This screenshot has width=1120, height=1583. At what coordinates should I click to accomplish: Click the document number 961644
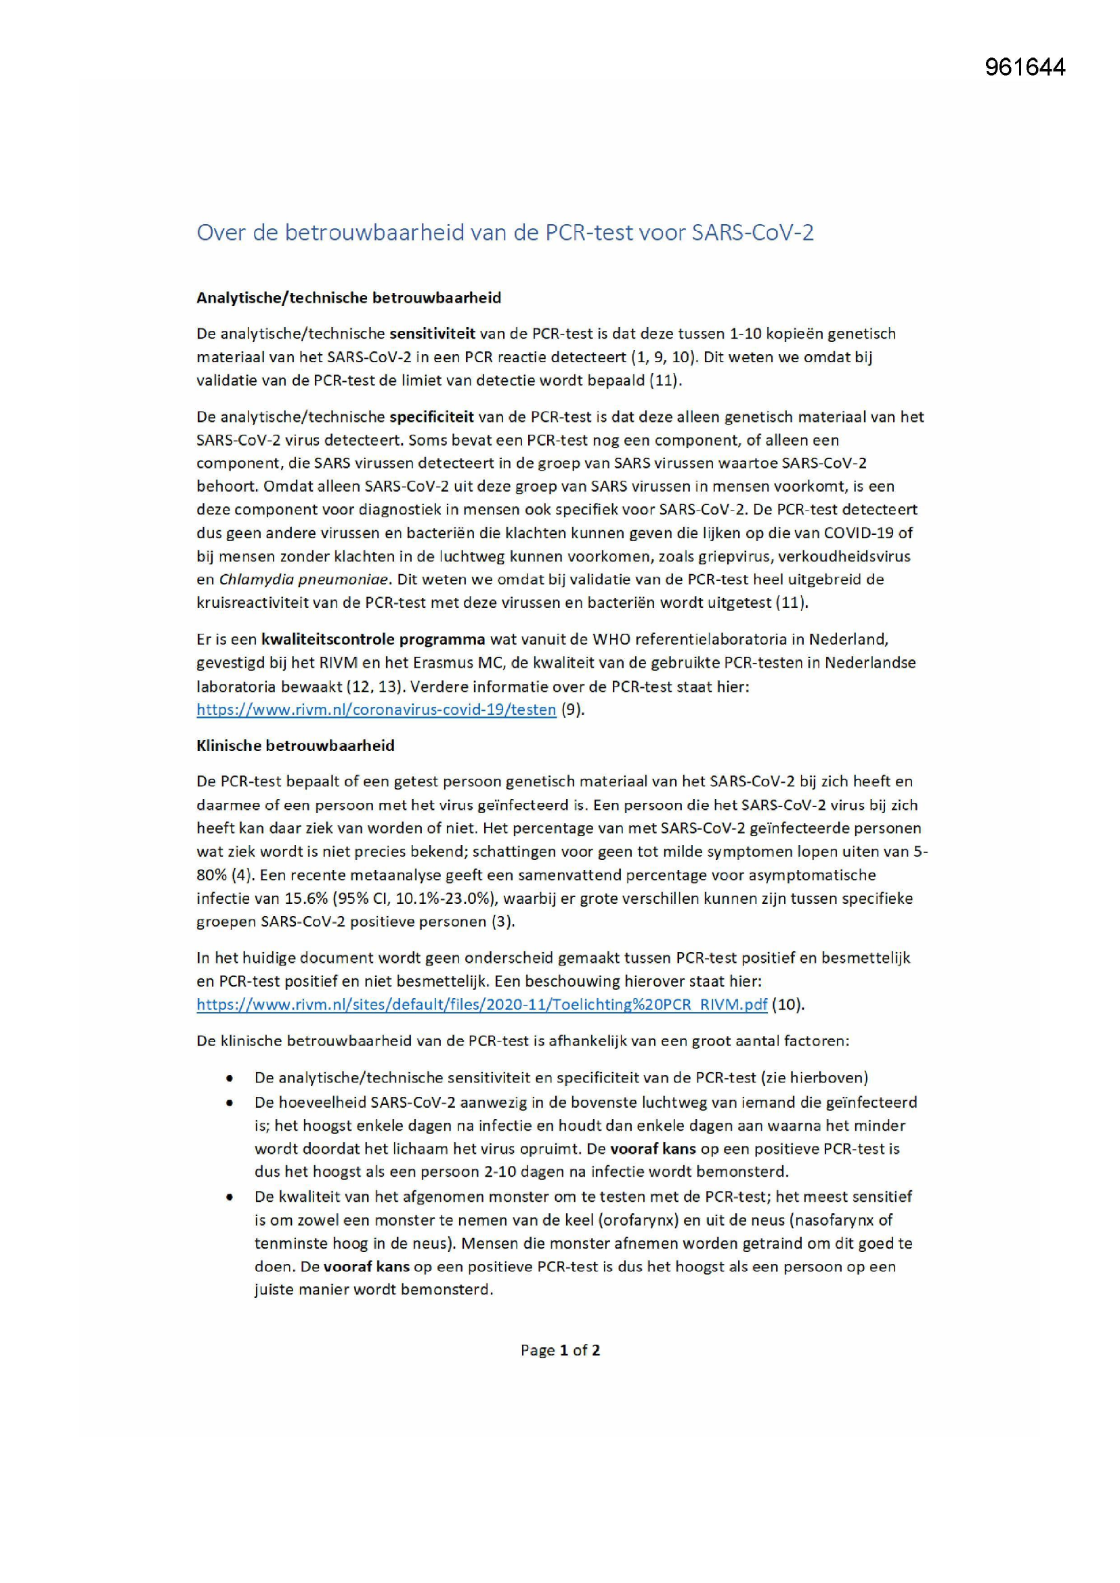pyautogui.click(x=1025, y=67)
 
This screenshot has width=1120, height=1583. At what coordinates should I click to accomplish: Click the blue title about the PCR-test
pyautogui.click(x=505, y=232)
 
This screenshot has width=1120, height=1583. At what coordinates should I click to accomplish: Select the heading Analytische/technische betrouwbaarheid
pyautogui.click(x=348, y=298)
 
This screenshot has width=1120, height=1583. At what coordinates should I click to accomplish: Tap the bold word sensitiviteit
pyautogui.click(x=433, y=334)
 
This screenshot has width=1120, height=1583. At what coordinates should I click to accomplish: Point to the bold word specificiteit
pyautogui.click(x=431, y=416)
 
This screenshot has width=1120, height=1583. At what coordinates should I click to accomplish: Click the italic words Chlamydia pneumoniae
pyautogui.click(x=303, y=579)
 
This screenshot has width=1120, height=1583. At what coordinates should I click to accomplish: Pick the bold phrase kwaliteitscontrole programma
pyautogui.click(x=373, y=639)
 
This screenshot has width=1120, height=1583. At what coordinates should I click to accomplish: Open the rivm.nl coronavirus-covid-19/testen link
pyautogui.click(x=376, y=710)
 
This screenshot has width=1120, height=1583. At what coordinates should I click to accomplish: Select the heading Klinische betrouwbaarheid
pyautogui.click(x=295, y=745)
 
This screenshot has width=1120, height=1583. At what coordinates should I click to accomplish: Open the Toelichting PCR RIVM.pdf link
pyautogui.click(x=481, y=1005)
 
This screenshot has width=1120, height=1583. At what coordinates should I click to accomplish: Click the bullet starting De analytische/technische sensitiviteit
pyautogui.click(x=561, y=1078)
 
